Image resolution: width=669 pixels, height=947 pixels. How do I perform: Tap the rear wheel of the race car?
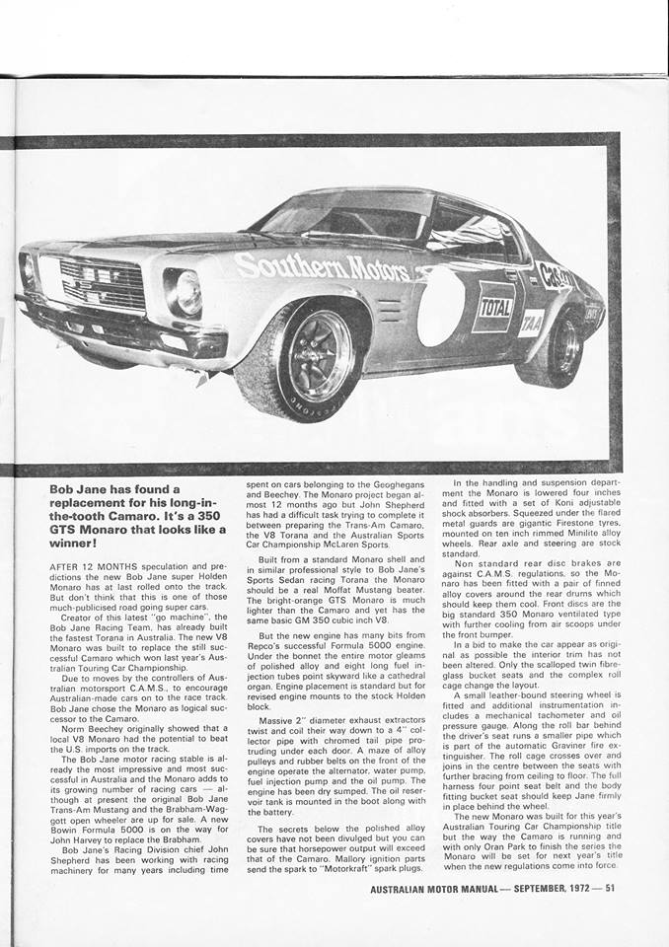point(562,345)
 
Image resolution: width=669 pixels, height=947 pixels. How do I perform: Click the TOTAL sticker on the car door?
point(496,307)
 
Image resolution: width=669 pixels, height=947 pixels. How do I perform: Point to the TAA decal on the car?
point(531,323)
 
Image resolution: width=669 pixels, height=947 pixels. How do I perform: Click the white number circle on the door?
point(439,306)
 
